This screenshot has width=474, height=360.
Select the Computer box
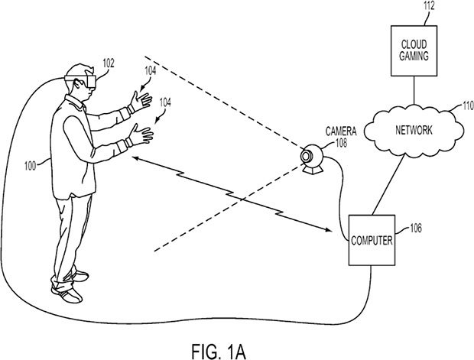(x=372, y=240)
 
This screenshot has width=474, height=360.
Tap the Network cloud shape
(x=417, y=130)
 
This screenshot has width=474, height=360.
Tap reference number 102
(x=108, y=65)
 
